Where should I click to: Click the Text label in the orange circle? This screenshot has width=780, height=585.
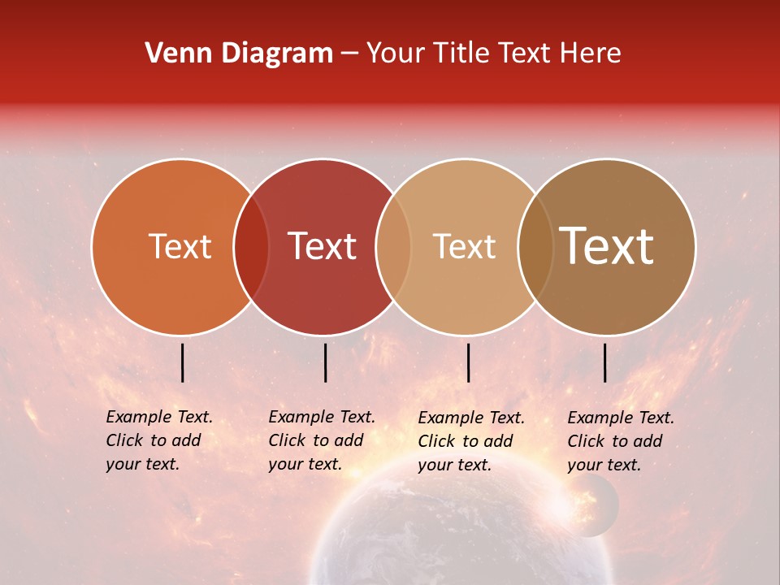(180, 246)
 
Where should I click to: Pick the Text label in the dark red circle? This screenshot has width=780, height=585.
(322, 246)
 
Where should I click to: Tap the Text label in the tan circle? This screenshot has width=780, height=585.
(464, 246)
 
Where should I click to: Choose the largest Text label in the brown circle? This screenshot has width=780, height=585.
(607, 246)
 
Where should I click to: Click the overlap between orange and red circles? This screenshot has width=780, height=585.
(251, 246)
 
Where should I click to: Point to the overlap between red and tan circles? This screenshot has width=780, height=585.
(393, 246)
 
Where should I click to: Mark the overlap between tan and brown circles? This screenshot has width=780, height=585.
(535, 246)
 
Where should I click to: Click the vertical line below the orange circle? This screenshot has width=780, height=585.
(182, 362)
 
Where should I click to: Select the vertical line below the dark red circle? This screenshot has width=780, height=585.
(325, 362)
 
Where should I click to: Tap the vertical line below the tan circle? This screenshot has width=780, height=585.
(468, 362)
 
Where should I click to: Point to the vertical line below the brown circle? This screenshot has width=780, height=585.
(604, 362)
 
